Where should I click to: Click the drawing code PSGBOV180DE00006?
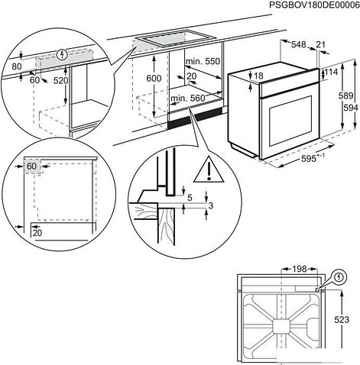coord(303,6)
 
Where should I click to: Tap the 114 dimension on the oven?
coord(331,73)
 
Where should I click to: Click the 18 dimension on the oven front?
coord(258,76)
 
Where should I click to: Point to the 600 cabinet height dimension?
coord(154,78)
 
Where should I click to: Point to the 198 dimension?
coord(278,269)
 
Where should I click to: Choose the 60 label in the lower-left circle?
coord(31,165)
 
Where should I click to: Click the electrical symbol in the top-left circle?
coord(61,55)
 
